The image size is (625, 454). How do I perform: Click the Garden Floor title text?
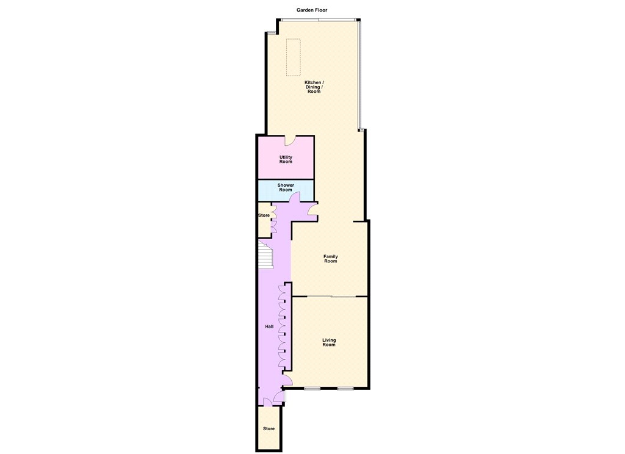click(x=312, y=10)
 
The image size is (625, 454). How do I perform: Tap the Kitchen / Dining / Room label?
click(x=314, y=87)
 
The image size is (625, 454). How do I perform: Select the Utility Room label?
click(x=286, y=159)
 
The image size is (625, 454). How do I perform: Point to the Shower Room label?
click(x=286, y=187)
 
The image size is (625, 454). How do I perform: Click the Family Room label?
click(x=330, y=259)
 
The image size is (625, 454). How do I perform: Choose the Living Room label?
click(x=329, y=342)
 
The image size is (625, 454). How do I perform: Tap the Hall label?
click(x=269, y=326)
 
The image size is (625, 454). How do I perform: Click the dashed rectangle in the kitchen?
click(x=294, y=57)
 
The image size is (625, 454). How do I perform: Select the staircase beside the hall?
click(x=266, y=254)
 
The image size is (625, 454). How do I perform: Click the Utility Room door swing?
click(x=290, y=141)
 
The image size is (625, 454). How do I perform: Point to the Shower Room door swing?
click(x=295, y=197)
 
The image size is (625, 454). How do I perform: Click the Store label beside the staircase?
click(x=264, y=215)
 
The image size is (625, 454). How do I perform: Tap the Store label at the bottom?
click(x=269, y=429)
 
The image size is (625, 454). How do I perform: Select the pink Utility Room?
click(x=286, y=157)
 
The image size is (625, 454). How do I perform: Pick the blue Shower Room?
click(x=286, y=190)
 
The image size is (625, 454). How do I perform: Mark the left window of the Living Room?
click(x=312, y=388)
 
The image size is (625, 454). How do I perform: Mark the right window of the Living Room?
click(x=345, y=388)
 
